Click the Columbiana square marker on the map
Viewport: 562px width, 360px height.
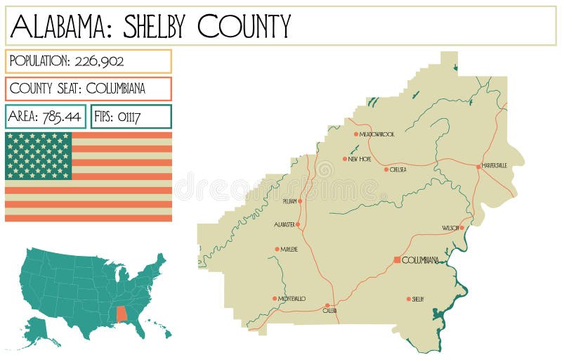pos(397,260)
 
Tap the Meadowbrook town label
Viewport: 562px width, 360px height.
pos(377,134)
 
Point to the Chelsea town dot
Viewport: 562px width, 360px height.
pos(386,169)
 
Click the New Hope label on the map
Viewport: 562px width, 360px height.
pos(360,159)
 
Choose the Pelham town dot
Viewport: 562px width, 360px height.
pos(300,201)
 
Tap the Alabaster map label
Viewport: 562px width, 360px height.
pos(285,225)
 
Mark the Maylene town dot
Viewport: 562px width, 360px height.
pos(277,249)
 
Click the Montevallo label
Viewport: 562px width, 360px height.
pos(292,299)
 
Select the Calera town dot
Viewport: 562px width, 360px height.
pos(327,306)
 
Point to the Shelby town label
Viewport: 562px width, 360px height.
pos(418,299)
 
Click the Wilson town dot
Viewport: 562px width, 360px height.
pos(462,228)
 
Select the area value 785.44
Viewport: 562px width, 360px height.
pos(61,116)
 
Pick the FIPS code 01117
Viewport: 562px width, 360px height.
pos(130,116)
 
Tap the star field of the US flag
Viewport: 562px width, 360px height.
pos(39,155)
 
